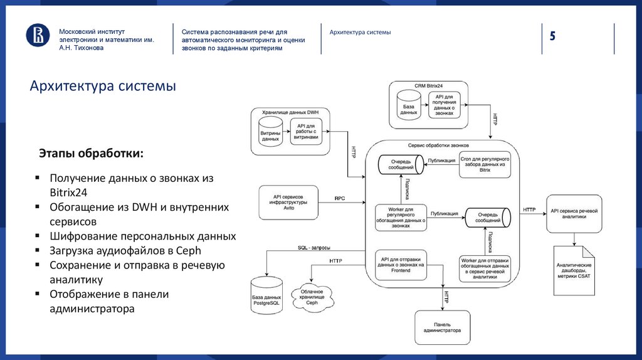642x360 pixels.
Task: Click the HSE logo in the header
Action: (x=37, y=36)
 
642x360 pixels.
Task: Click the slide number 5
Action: (x=553, y=36)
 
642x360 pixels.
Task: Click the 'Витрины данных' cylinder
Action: (x=271, y=135)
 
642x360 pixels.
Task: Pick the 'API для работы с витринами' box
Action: (x=305, y=132)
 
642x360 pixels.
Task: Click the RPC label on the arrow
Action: (x=340, y=198)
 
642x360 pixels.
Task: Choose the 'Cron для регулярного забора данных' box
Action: (x=485, y=165)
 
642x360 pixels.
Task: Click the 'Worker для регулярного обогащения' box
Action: (x=401, y=218)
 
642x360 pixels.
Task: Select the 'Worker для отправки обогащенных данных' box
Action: (x=485, y=267)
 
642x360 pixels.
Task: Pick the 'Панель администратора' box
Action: (x=442, y=327)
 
